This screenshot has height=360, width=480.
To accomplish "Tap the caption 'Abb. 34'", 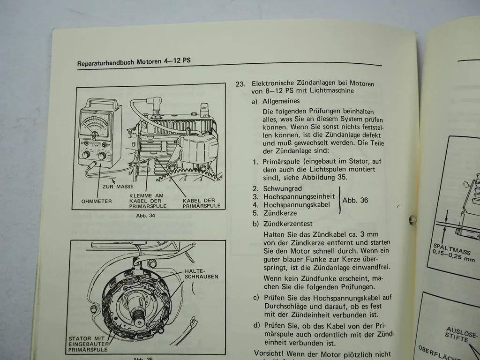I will [x=145, y=216].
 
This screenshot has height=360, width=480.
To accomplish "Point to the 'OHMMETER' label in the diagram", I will [x=97, y=202].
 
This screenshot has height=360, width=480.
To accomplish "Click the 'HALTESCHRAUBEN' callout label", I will [x=201, y=273].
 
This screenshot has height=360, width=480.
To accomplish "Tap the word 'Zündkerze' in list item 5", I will [x=280, y=213].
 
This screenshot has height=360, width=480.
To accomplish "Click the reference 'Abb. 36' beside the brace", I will [x=355, y=200].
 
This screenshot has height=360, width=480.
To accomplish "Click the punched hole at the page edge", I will [x=412, y=219].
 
